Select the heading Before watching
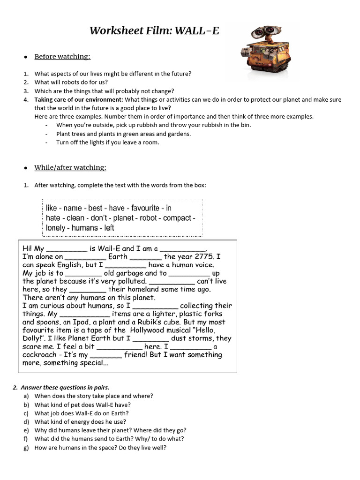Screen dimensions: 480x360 [62, 57]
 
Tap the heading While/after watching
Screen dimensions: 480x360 [70, 168]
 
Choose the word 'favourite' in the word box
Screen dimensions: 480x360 [145, 208]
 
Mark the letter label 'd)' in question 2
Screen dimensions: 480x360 [25, 421]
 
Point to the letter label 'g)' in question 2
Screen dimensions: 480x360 [25, 447]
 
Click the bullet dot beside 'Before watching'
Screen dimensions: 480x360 [25, 57]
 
